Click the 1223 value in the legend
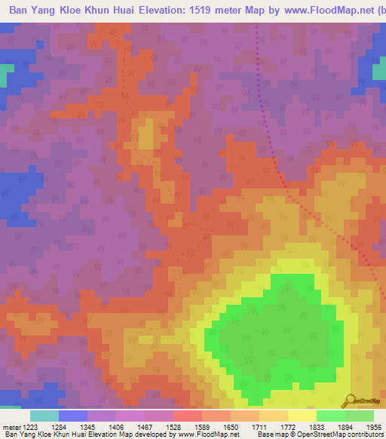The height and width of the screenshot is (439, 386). [x=31, y=426]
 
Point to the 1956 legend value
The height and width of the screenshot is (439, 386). [x=374, y=426]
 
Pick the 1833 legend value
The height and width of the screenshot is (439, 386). [x=316, y=426]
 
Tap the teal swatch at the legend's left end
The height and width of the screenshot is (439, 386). [x=44, y=416]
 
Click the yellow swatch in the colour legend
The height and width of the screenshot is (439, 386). [x=302, y=416]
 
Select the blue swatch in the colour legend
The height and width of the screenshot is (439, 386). [x=72, y=416]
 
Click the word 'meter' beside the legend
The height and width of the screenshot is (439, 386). [x=11, y=426]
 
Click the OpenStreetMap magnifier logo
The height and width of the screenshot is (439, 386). [x=351, y=400]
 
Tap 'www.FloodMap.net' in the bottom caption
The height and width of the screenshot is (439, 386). [x=207, y=434]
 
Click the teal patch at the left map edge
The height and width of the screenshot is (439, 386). [x=5, y=76]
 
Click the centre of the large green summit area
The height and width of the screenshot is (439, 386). [x=279, y=332]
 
